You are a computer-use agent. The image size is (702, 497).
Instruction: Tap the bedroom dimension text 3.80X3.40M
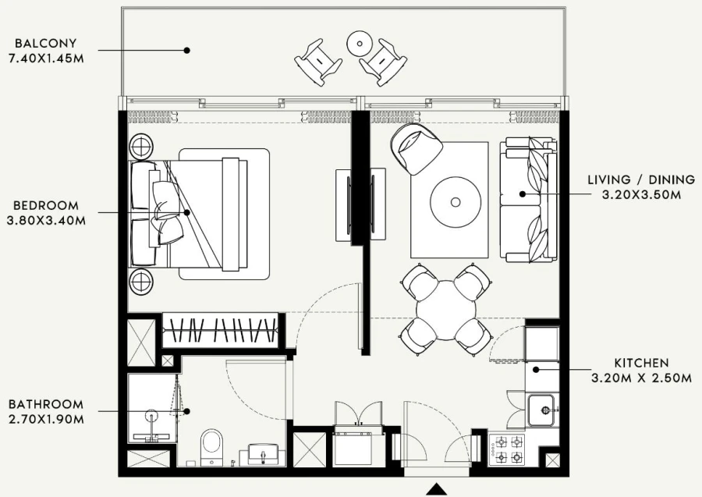[x=46, y=220]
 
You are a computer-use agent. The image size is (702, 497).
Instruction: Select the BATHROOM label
[x=46, y=404]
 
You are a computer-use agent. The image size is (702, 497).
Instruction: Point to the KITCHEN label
[x=641, y=364]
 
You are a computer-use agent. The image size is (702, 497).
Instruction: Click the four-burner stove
[x=509, y=450]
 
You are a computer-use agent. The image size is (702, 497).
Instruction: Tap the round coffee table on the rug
[x=456, y=201]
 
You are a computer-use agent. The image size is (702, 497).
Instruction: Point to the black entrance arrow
[x=437, y=489]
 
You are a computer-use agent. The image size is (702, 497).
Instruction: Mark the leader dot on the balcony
[x=187, y=50]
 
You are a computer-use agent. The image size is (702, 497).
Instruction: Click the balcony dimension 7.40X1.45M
[x=44, y=59]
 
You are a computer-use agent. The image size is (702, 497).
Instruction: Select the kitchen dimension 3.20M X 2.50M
[x=641, y=378]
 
